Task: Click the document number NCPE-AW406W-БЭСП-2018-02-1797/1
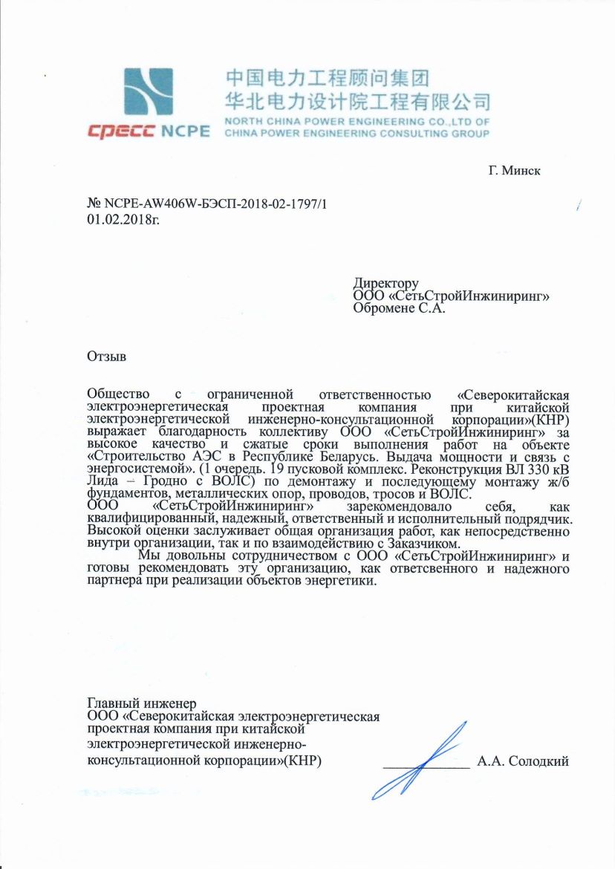coord(215,204)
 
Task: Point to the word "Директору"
coord(386,283)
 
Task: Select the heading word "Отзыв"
coord(107,356)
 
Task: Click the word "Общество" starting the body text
coord(118,394)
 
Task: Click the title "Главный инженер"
coord(141,703)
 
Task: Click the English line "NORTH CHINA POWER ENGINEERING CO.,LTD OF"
coord(357,121)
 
